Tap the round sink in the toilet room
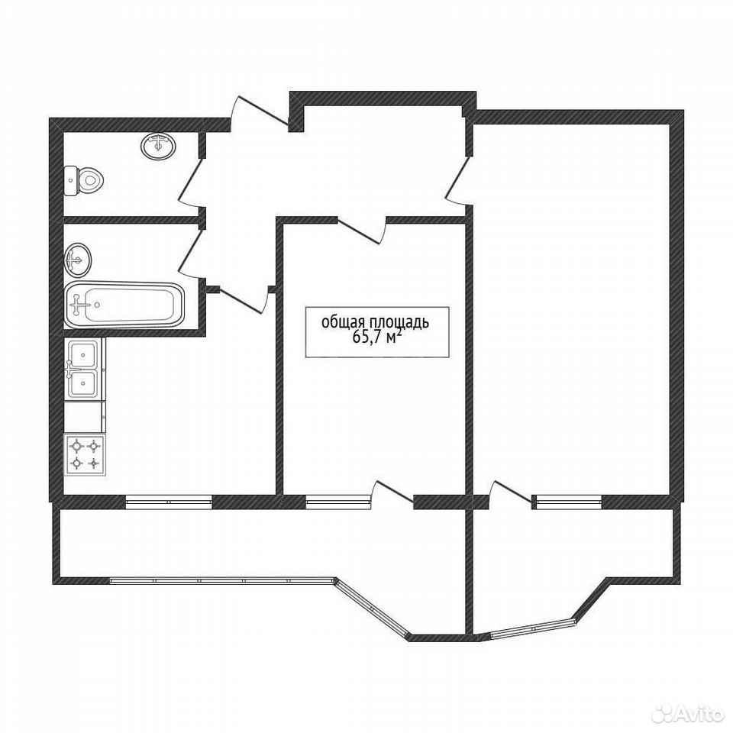tap(158, 145)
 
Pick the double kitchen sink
tap(83, 369)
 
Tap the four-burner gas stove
tap(85, 455)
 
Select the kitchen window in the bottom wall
tap(169, 502)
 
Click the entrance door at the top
tap(260, 112)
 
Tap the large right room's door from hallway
tap(457, 180)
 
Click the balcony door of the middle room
tap(392, 494)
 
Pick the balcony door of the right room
tap(511, 494)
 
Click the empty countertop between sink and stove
tap(84, 417)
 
